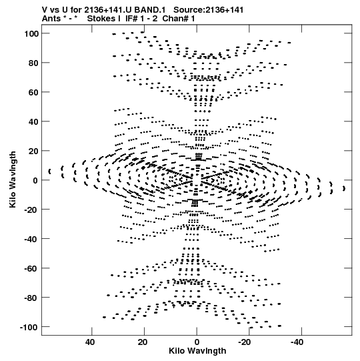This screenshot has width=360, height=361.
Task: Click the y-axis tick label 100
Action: pos(31,33)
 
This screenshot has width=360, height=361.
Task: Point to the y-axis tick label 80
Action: pos(33,63)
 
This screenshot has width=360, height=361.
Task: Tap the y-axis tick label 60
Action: pos(33,92)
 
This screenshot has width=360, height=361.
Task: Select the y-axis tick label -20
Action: pos(31,210)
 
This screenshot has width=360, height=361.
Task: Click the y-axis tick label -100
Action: pos(29,327)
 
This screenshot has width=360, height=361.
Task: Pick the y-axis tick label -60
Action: pos(31,268)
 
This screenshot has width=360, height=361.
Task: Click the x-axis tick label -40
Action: pos(297,342)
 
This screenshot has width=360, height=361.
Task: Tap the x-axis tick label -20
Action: pos(245,342)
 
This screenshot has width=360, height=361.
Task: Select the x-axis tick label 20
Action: pos(143,342)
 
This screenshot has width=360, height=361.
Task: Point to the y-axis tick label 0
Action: pos(35,180)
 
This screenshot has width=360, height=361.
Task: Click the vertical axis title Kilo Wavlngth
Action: pos(13,179)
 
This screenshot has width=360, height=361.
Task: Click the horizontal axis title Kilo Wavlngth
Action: pos(197,351)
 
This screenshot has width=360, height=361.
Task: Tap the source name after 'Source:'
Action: pos(224,10)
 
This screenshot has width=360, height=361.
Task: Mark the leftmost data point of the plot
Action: pos(49,171)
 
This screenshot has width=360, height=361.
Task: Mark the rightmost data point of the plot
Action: pos(344,188)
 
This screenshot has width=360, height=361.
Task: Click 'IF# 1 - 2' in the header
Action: pos(141,19)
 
